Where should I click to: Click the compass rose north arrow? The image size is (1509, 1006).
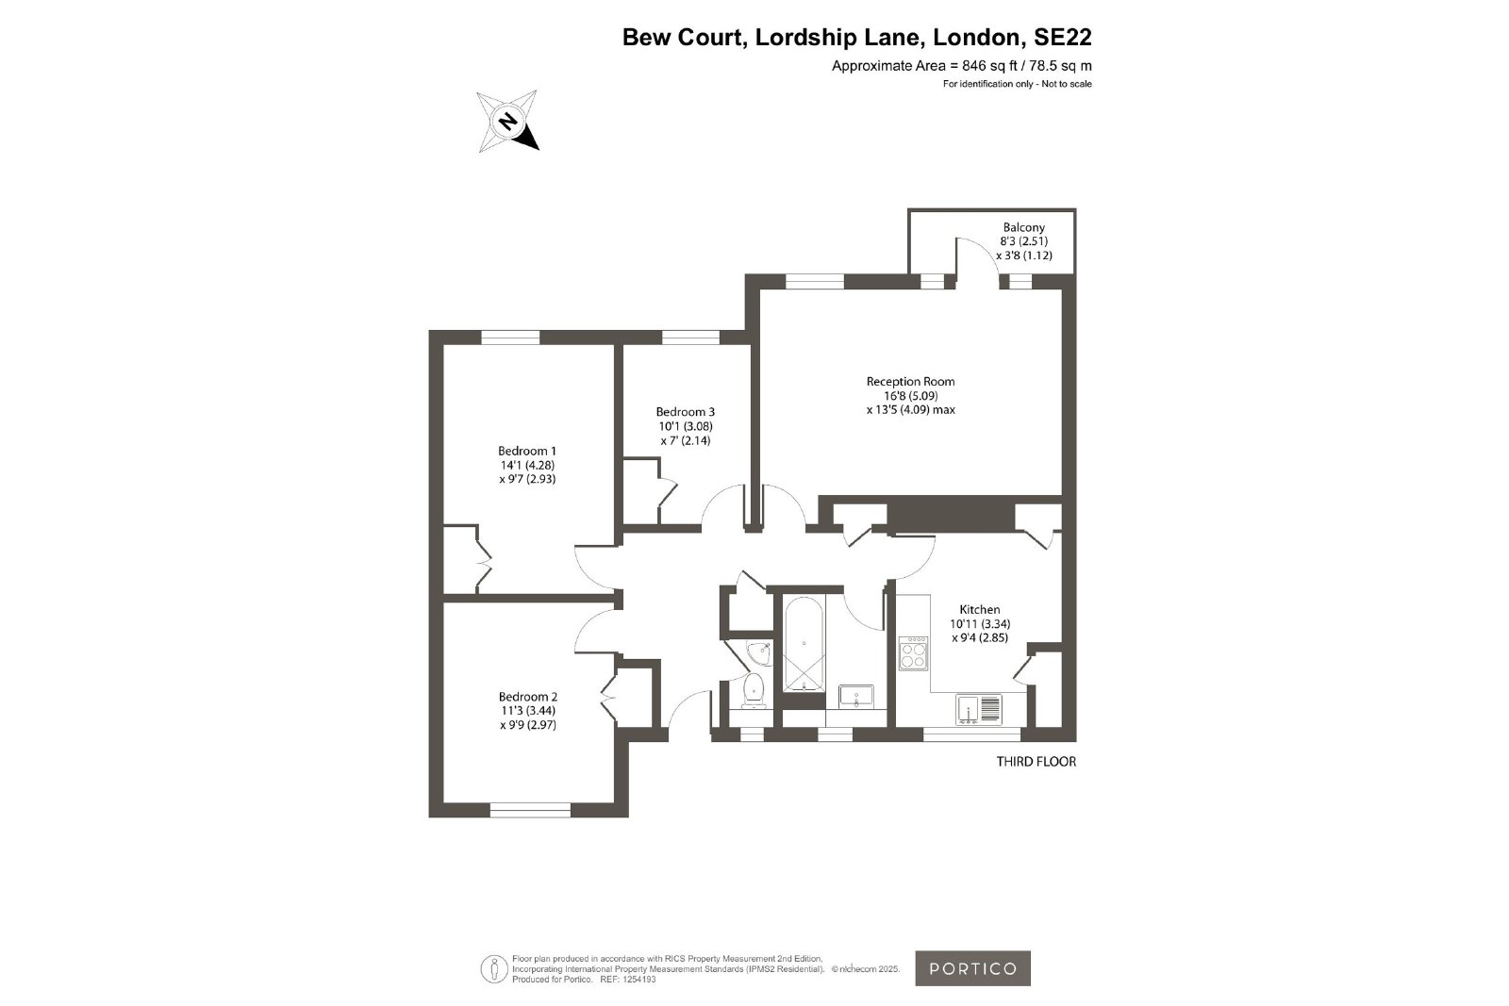pyautogui.click(x=508, y=122)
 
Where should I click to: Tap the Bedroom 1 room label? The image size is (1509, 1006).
pyautogui.click(x=527, y=452)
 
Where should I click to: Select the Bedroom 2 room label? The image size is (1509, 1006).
pyautogui.click(x=528, y=697)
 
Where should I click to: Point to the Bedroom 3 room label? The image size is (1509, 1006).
pyautogui.click(x=685, y=411)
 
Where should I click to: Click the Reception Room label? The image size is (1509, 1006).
pyautogui.click(x=911, y=381)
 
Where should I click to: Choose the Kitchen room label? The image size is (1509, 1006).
pyautogui.click(x=980, y=609)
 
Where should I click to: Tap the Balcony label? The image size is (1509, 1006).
pyautogui.click(x=1024, y=227)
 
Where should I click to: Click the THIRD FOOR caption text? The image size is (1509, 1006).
pyautogui.click(x=1036, y=762)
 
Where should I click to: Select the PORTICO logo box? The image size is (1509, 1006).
pyautogui.click(x=972, y=968)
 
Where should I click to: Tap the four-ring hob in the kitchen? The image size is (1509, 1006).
pyautogui.click(x=914, y=653)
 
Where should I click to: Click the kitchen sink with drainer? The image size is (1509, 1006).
pyautogui.click(x=979, y=710)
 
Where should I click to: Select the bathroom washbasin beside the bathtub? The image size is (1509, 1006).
pyautogui.click(x=855, y=697)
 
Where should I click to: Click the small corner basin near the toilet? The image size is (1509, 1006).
pyautogui.click(x=759, y=651)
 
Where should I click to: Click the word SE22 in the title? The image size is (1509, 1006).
pyautogui.click(x=1063, y=38)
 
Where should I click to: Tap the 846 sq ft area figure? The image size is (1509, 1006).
pyautogui.click(x=991, y=66)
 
